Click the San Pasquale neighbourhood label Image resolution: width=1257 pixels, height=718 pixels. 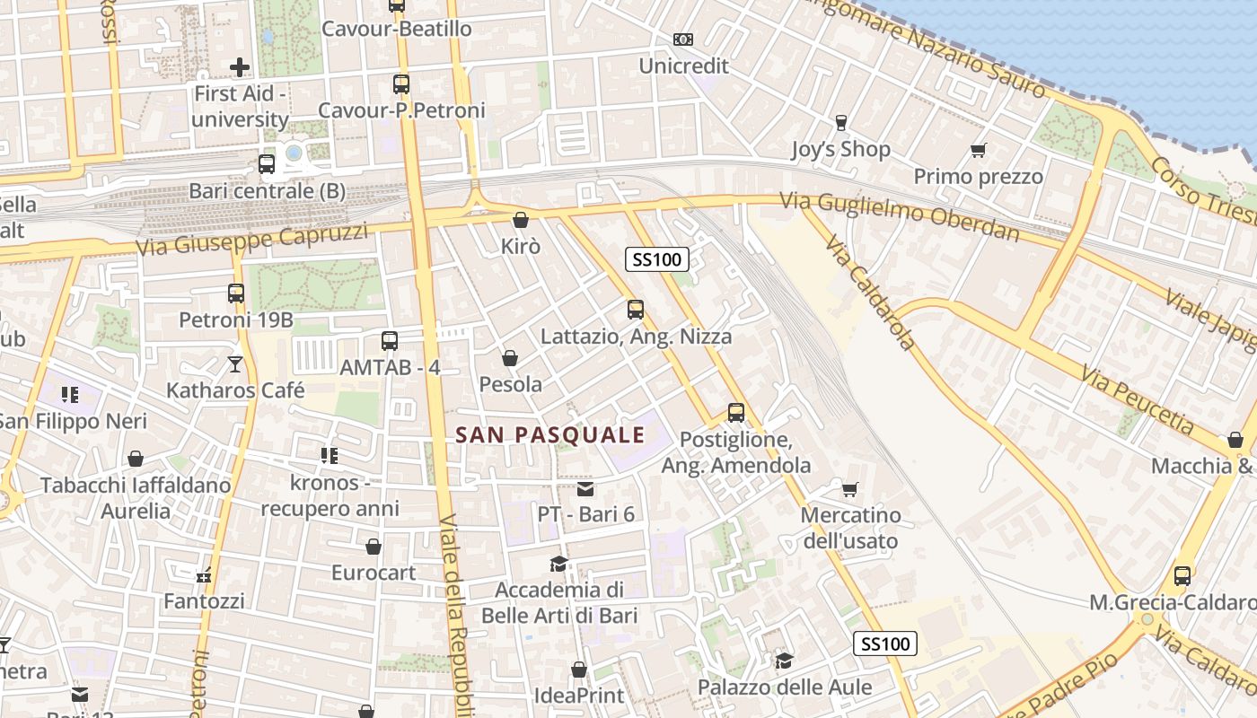549,435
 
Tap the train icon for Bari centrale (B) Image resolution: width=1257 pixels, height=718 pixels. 266,164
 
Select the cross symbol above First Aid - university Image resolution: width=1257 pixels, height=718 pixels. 240,66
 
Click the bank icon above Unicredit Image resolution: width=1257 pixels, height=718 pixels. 683,39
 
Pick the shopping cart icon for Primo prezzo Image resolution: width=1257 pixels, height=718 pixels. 978,150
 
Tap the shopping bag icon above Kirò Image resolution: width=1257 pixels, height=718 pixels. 520,220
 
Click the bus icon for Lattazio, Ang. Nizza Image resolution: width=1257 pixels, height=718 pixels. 636,310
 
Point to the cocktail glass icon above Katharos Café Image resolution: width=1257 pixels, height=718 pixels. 234,363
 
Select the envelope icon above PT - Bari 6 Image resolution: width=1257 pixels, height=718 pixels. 585,489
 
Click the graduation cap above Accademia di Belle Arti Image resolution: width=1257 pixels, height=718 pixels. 558,564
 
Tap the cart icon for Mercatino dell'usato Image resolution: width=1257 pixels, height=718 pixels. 849,489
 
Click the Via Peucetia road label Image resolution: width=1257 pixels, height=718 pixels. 1137,399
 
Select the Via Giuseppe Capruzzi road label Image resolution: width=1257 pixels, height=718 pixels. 252,240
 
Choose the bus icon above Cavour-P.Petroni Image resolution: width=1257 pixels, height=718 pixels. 400,84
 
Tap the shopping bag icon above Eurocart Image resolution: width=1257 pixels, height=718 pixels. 374,547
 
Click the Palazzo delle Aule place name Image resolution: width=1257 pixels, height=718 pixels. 786,687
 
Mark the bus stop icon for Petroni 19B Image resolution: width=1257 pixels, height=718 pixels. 235,293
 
